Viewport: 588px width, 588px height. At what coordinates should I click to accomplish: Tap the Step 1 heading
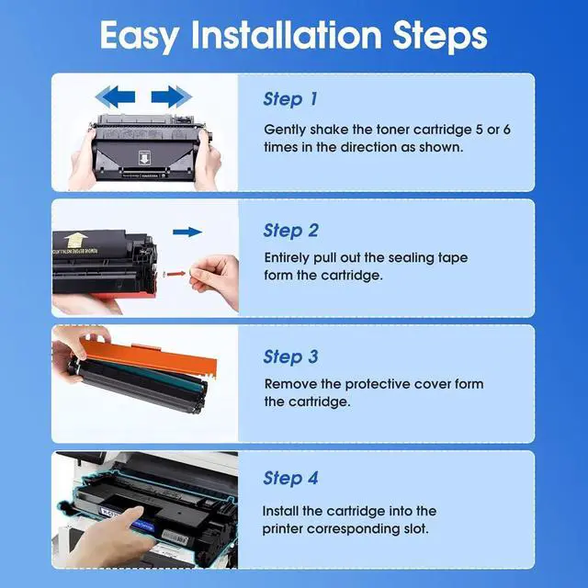(x=290, y=99)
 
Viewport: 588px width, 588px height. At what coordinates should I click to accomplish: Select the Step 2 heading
(x=291, y=230)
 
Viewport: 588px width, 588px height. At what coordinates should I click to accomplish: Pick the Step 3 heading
(x=291, y=356)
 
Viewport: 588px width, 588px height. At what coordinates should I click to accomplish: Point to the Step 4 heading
(x=291, y=478)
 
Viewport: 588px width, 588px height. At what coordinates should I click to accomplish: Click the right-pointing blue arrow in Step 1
(x=171, y=96)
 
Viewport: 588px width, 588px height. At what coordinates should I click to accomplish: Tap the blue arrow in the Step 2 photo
(x=187, y=232)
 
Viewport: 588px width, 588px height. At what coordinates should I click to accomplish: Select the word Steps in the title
(x=434, y=36)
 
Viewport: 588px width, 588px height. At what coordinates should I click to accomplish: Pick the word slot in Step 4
(x=413, y=528)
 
